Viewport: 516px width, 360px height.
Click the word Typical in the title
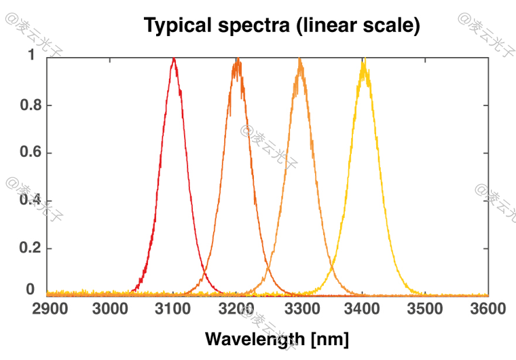tap(178, 26)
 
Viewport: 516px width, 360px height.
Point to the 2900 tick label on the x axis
tap(50, 310)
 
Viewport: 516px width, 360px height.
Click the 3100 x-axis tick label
tap(174, 310)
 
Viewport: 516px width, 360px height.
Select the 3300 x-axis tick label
tap(300, 310)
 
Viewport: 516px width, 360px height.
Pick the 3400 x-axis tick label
tap(363, 310)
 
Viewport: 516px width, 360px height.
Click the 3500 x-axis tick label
tap(425, 310)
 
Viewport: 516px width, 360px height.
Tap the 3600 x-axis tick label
tap(487, 310)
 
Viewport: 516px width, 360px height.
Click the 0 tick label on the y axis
tap(31, 289)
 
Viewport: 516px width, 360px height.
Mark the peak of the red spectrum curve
tap(174, 59)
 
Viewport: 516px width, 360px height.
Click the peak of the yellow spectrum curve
tap(364, 61)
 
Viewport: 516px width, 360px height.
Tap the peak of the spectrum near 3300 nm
tap(299, 60)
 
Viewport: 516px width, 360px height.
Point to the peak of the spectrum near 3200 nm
tap(237, 60)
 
